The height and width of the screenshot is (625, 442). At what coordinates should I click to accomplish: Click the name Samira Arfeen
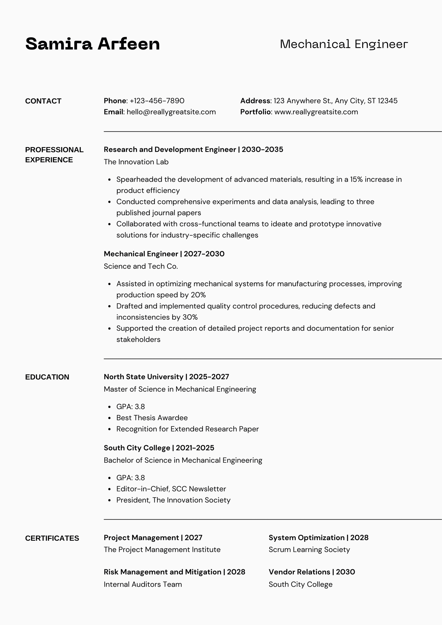point(92,44)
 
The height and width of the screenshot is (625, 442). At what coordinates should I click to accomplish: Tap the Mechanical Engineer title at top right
point(344,44)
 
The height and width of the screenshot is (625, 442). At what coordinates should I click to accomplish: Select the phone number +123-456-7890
point(157,101)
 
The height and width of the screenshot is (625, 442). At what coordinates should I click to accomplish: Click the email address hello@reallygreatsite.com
point(171,112)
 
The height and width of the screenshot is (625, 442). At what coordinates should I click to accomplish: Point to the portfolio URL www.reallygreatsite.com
point(316,112)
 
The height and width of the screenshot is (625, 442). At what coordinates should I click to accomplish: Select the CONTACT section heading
point(43,101)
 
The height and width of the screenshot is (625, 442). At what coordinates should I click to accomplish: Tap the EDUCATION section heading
point(47,377)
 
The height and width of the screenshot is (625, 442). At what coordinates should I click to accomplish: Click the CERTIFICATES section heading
point(52,538)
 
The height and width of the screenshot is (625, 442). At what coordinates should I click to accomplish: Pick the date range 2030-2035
point(262,149)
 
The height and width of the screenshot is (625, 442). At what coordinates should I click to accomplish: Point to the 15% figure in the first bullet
point(356,179)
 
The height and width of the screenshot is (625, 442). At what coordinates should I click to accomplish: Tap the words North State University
point(143,377)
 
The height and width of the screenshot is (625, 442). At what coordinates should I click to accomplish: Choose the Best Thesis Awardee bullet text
point(152,417)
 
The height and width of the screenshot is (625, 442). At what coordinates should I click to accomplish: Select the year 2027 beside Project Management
point(193,538)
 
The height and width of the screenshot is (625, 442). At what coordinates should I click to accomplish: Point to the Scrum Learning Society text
point(309,550)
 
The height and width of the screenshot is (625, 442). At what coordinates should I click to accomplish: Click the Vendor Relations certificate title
point(299,572)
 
